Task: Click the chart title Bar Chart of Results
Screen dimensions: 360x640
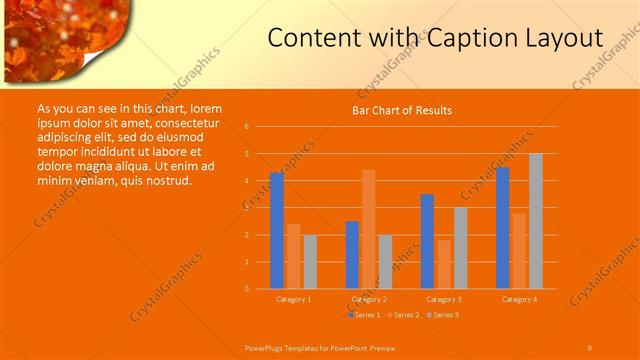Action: (401, 110)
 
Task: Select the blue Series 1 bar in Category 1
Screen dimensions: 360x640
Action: (277, 231)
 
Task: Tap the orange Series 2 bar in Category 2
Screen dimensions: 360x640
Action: (369, 229)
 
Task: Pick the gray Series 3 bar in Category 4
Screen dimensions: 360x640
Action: (536, 221)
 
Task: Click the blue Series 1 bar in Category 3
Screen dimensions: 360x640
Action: (427, 241)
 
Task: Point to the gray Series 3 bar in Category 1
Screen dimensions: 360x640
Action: (310, 262)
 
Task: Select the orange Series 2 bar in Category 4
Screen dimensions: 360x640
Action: (519, 251)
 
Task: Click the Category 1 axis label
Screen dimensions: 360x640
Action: (293, 299)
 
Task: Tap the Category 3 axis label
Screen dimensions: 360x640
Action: (444, 299)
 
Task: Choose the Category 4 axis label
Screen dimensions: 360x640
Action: (519, 299)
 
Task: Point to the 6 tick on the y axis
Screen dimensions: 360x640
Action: (260, 127)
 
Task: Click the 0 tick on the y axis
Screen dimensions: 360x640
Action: (260, 289)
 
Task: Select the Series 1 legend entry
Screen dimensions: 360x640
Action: (366, 315)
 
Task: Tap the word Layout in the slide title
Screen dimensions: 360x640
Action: (560, 38)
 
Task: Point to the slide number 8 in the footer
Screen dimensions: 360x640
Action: (589, 347)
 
